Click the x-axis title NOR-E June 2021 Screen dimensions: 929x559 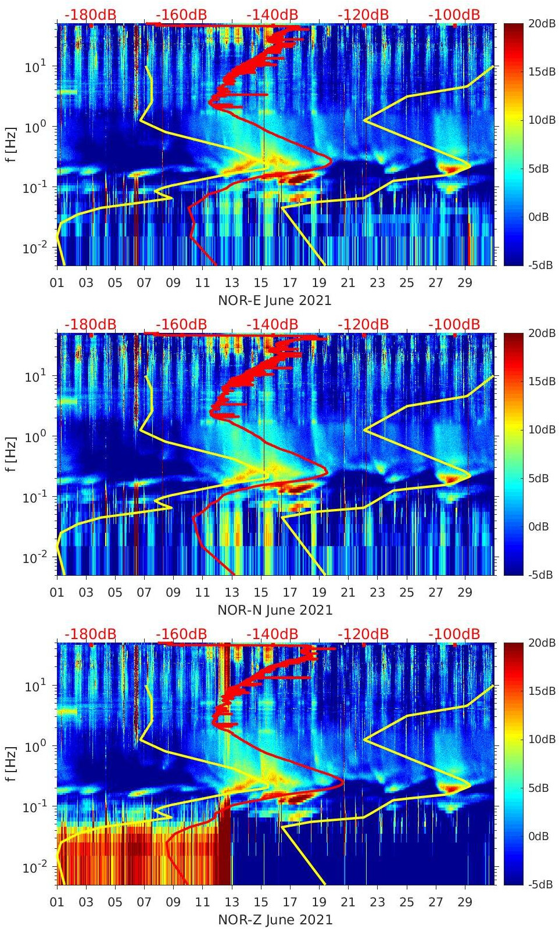[274, 300]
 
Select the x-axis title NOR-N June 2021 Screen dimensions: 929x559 [274, 610]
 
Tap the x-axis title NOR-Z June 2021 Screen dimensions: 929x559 [274, 920]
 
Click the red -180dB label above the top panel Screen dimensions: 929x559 [90, 15]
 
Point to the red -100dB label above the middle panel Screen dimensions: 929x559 [454, 324]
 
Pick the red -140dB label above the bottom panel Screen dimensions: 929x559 [272, 634]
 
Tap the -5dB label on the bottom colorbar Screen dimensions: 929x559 [540, 884]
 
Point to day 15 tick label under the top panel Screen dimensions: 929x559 [261, 283]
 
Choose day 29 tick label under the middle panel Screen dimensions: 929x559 [464, 593]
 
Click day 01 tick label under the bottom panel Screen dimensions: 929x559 [57, 902]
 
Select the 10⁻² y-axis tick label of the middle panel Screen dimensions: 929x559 [34, 558]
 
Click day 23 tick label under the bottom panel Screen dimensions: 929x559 [377, 902]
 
